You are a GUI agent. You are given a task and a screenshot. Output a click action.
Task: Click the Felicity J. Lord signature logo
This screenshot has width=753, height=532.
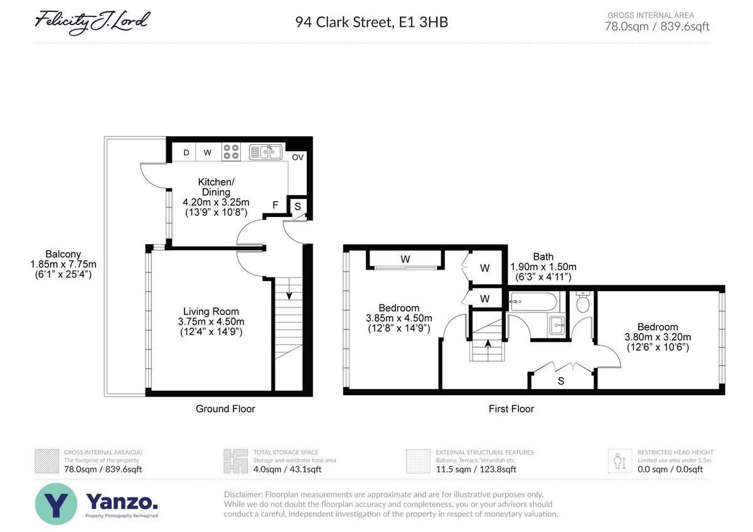(92, 22)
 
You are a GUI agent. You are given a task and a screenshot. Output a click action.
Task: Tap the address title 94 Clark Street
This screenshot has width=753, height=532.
(344, 22)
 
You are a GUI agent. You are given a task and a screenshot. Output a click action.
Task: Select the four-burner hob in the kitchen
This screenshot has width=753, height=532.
(231, 152)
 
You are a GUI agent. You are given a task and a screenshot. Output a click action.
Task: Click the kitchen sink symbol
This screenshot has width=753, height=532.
(265, 152)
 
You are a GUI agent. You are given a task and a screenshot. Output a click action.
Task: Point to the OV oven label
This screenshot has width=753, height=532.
(297, 157)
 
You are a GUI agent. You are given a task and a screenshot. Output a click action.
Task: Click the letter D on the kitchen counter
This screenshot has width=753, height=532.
(186, 152)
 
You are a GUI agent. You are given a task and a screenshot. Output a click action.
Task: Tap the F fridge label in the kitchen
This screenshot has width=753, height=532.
(275, 205)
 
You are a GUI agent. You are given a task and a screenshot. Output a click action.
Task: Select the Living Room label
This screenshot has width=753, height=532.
(211, 311)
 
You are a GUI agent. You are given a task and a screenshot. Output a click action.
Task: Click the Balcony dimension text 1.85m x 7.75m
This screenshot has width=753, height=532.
(63, 264)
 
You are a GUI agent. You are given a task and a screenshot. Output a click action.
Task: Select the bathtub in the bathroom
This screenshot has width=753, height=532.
(533, 301)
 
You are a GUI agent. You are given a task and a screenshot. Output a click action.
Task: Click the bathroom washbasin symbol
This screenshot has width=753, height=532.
(557, 326)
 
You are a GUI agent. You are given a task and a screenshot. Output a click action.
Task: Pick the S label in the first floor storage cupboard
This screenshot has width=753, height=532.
(561, 381)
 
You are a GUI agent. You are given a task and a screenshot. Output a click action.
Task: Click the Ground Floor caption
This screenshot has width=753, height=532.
(225, 408)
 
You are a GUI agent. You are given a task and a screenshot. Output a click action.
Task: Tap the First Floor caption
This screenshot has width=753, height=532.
(511, 408)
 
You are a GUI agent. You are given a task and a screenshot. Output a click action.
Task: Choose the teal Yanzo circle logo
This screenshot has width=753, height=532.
(56, 504)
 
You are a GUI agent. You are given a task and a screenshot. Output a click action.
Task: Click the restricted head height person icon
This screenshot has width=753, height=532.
(619, 461)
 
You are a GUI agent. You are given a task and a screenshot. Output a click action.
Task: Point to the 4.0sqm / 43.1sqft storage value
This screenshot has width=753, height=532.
(287, 469)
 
